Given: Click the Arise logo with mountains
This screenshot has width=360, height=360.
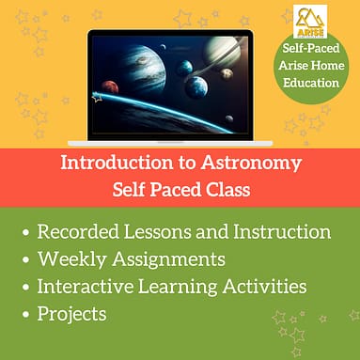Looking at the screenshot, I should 311,18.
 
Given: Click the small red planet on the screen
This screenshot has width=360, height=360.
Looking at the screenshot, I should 111,87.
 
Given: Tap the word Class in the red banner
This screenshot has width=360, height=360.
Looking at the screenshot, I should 226,188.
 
